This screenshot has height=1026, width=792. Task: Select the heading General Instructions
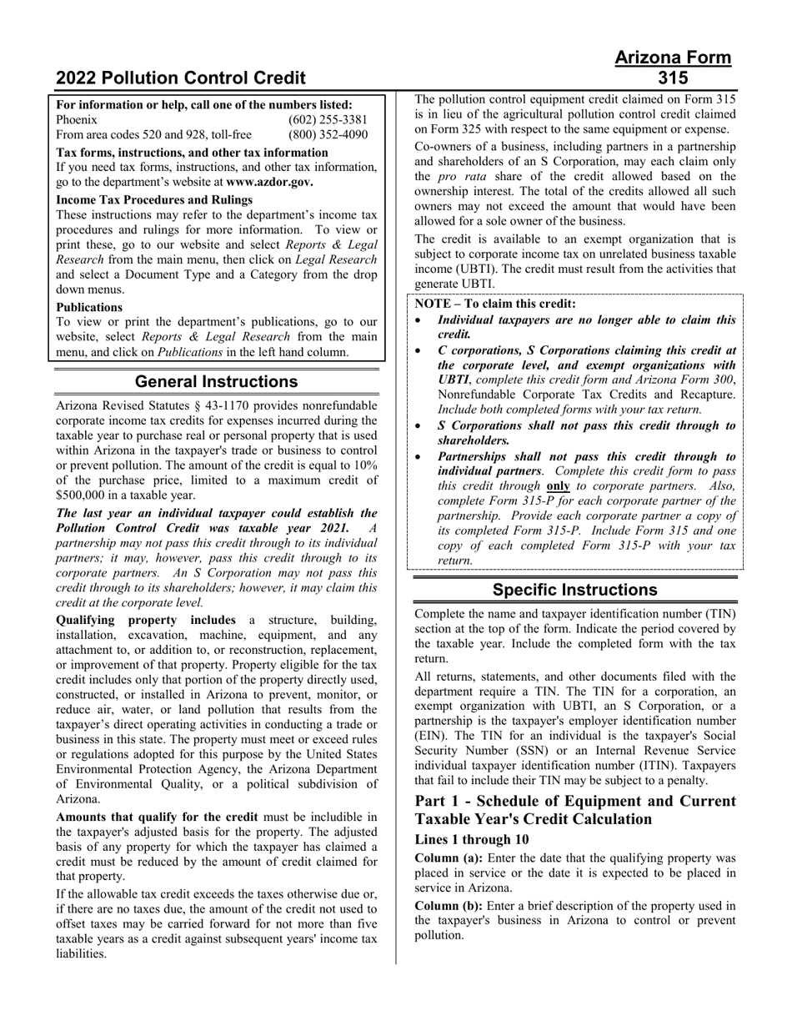click(216, 382)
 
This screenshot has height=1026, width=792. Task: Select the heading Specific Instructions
click(574, 590)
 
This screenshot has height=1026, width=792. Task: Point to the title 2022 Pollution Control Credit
click(181, 78)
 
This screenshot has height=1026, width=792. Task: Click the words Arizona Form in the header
click(673, 58)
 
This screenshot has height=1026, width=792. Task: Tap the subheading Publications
click(89, 307)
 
